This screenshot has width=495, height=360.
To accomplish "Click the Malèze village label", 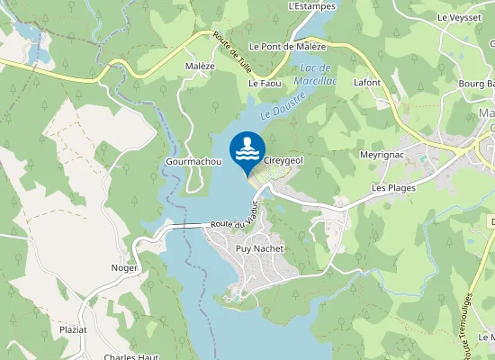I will coord(200,66).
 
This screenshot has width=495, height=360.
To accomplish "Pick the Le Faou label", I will coord(265,83).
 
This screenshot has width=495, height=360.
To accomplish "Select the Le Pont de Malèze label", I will coord(287,46).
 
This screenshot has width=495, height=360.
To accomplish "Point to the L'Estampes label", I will coord(311,5).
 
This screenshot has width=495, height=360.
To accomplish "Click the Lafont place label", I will coord(367,83).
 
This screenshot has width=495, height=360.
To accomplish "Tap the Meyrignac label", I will coord(381,154).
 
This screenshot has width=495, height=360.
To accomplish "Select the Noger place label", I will coord(124,268).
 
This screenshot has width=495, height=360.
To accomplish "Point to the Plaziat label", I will coord(73,330).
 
